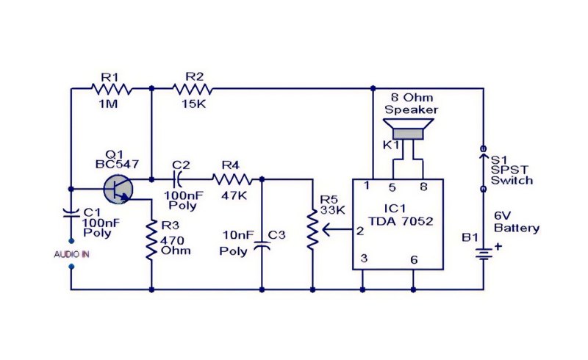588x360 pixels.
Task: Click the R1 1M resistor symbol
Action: click(x=112, y=89)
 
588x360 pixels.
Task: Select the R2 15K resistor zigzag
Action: click(x=193, y=89)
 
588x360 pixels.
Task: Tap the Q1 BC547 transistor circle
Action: click(x=118, y=190)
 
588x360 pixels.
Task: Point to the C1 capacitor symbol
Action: click(x=71, y=214)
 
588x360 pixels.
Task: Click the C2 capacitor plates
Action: click(x=177, y=179)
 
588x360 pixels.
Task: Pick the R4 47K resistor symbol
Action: click(x=232, y=179)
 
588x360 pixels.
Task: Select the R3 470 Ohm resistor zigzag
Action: click(x=151, y=240)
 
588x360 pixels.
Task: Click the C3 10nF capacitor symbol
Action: click(x=262, y=245)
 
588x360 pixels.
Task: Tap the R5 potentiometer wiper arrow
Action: click(x=336, y=229)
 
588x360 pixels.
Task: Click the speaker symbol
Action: click(x=409, y=129)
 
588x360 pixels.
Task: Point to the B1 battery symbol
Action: click(x=484, y=254)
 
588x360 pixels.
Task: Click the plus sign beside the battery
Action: click(x=498, y=247)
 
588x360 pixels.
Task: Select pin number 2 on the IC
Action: click(x=360, y=231)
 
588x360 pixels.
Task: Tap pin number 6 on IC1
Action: click(x=414, y=260)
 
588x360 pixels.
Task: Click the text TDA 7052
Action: click(x=401, y=221)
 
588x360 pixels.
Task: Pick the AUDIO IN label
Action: click(x=71, y=255)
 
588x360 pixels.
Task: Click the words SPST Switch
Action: click(x=512, y=175)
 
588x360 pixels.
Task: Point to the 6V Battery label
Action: click(x=517, y=222)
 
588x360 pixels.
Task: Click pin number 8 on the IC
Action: click(x=423, y=187)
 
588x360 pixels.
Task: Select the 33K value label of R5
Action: click(x=333, y=210)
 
